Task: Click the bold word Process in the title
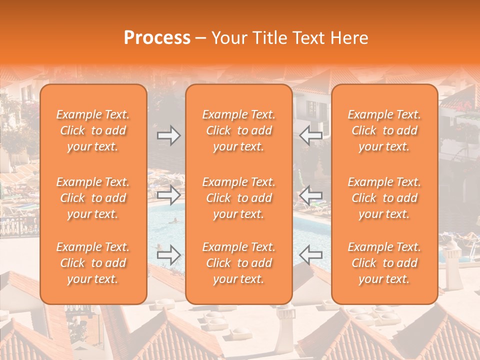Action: [157, 38]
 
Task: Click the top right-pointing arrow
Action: [168, 135]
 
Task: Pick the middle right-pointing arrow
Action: [168, 195]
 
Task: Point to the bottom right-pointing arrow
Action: [168, 255]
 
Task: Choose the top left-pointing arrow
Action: [311, 135]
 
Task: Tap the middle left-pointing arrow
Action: [311, 195]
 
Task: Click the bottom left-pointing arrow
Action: [311, 255]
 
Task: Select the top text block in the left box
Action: [93, 130]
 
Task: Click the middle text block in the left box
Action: [93, 198]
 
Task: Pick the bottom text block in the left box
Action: [93, 263]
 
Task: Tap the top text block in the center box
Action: [239, 130]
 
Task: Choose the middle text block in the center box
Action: [239, 198]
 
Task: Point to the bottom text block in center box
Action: [239, 263]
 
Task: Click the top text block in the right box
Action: [384, 130]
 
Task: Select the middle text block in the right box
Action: [384, 198]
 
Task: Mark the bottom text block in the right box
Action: [384, 263]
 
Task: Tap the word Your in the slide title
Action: [228, 38]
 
